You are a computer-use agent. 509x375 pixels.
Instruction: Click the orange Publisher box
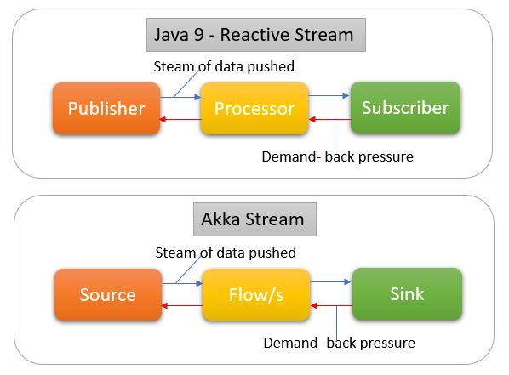(x=106, y=108)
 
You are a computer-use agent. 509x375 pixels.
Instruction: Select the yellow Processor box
(x=254, y=108)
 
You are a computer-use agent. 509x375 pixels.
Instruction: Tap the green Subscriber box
(x=405, y=108)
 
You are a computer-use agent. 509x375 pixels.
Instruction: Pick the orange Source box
(x=108, y=294)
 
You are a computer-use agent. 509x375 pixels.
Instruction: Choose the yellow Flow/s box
(x=256, y=294)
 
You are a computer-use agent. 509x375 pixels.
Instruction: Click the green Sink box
(x=407, y=294)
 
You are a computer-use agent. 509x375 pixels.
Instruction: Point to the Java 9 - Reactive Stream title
(x=256, y=35)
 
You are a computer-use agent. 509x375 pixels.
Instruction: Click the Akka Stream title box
(x=254, y=219)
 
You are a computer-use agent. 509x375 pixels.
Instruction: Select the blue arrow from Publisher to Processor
(x=180, y=97)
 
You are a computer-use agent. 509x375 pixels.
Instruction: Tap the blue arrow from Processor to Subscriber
(x=329, y=96)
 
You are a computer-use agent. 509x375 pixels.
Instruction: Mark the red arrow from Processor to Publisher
(x=180, y=120)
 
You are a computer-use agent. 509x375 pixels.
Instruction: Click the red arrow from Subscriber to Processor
(x=329, y=120)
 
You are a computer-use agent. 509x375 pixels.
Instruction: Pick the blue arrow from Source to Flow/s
(x=182, y=283)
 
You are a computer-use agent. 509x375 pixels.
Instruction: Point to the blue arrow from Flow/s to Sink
(x=330, y=282)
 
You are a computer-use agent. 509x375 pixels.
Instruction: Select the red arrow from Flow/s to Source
(x=182, y=305)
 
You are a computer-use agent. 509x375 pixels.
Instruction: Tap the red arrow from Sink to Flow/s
(x=331, y=305)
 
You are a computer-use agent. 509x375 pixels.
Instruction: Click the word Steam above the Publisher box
(x=174, y=66)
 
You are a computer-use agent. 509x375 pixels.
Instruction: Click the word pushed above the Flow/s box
(x=272, y=253)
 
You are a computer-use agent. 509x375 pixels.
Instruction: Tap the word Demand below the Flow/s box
(x=291, y=343)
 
